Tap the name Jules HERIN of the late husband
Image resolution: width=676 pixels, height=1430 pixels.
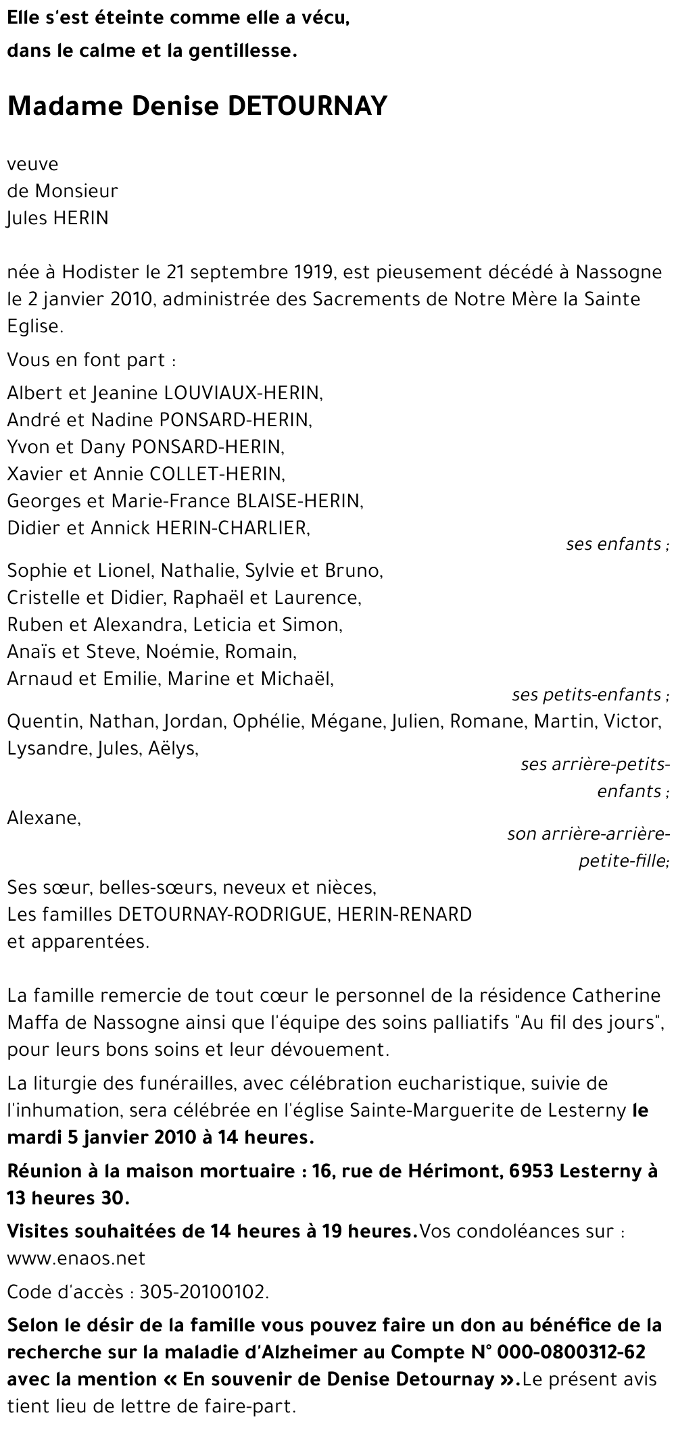coord(57,219)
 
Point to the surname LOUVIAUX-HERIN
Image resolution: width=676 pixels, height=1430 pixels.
coord(239,392)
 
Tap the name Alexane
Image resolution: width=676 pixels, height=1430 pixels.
coord(43,818)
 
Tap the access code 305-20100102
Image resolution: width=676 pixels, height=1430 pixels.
coord(203,1293)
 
